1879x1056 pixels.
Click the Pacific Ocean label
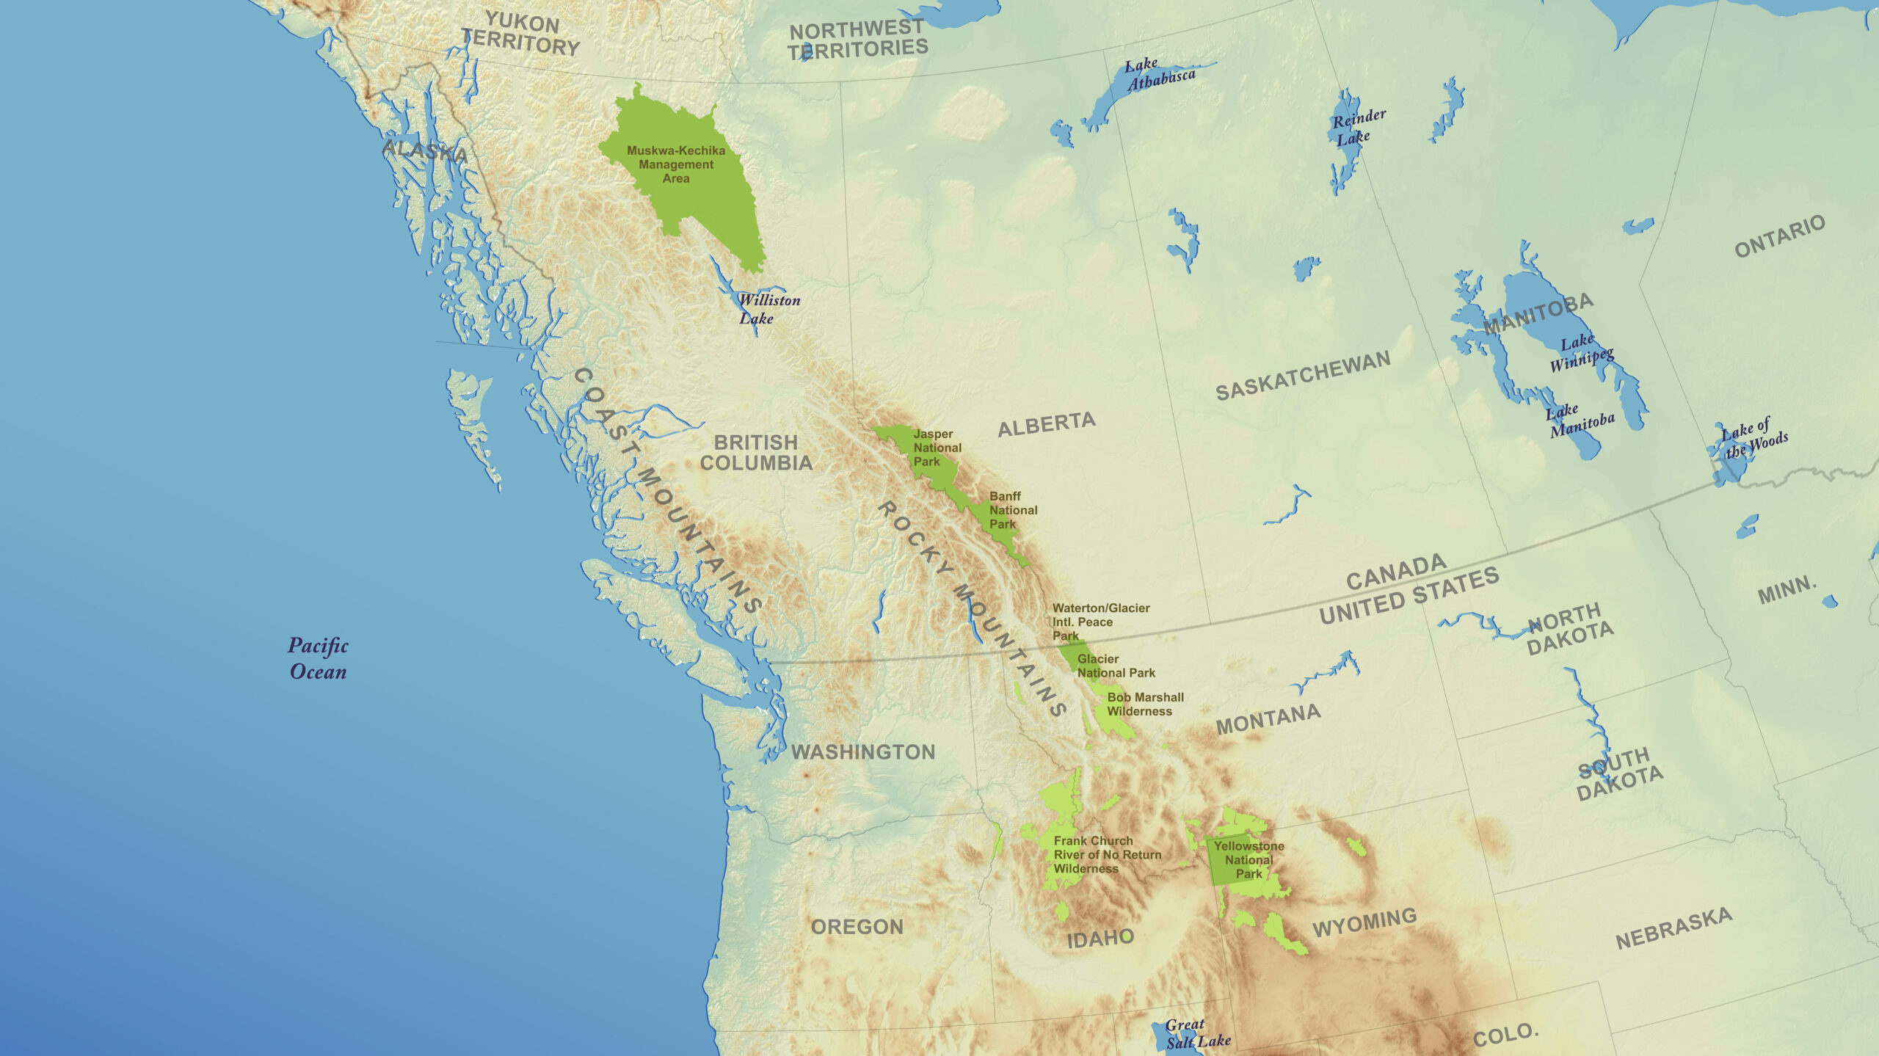coord(318,658)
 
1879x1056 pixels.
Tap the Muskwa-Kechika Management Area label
coord(676,164)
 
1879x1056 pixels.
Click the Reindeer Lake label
coord(1358,127)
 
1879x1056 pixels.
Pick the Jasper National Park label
coord(937,448)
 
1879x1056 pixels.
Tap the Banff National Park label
coord(1013,510)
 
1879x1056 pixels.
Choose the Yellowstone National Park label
coord(1249,859)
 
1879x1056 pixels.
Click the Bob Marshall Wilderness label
coord(1145,704)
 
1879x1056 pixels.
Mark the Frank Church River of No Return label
coord(1107,855)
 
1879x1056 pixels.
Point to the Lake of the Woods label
coord(1754,438)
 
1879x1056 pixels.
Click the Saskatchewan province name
coord(1303,375)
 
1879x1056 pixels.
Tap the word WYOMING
coord(1364,922)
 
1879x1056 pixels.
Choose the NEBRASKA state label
coord(1673,928)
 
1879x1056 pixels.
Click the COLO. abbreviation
coord(1505,1035)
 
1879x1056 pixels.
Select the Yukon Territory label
coord(520,34)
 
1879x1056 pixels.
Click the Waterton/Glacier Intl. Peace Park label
coord(1100,622)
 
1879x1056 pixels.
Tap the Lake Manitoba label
coord(1581,421)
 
